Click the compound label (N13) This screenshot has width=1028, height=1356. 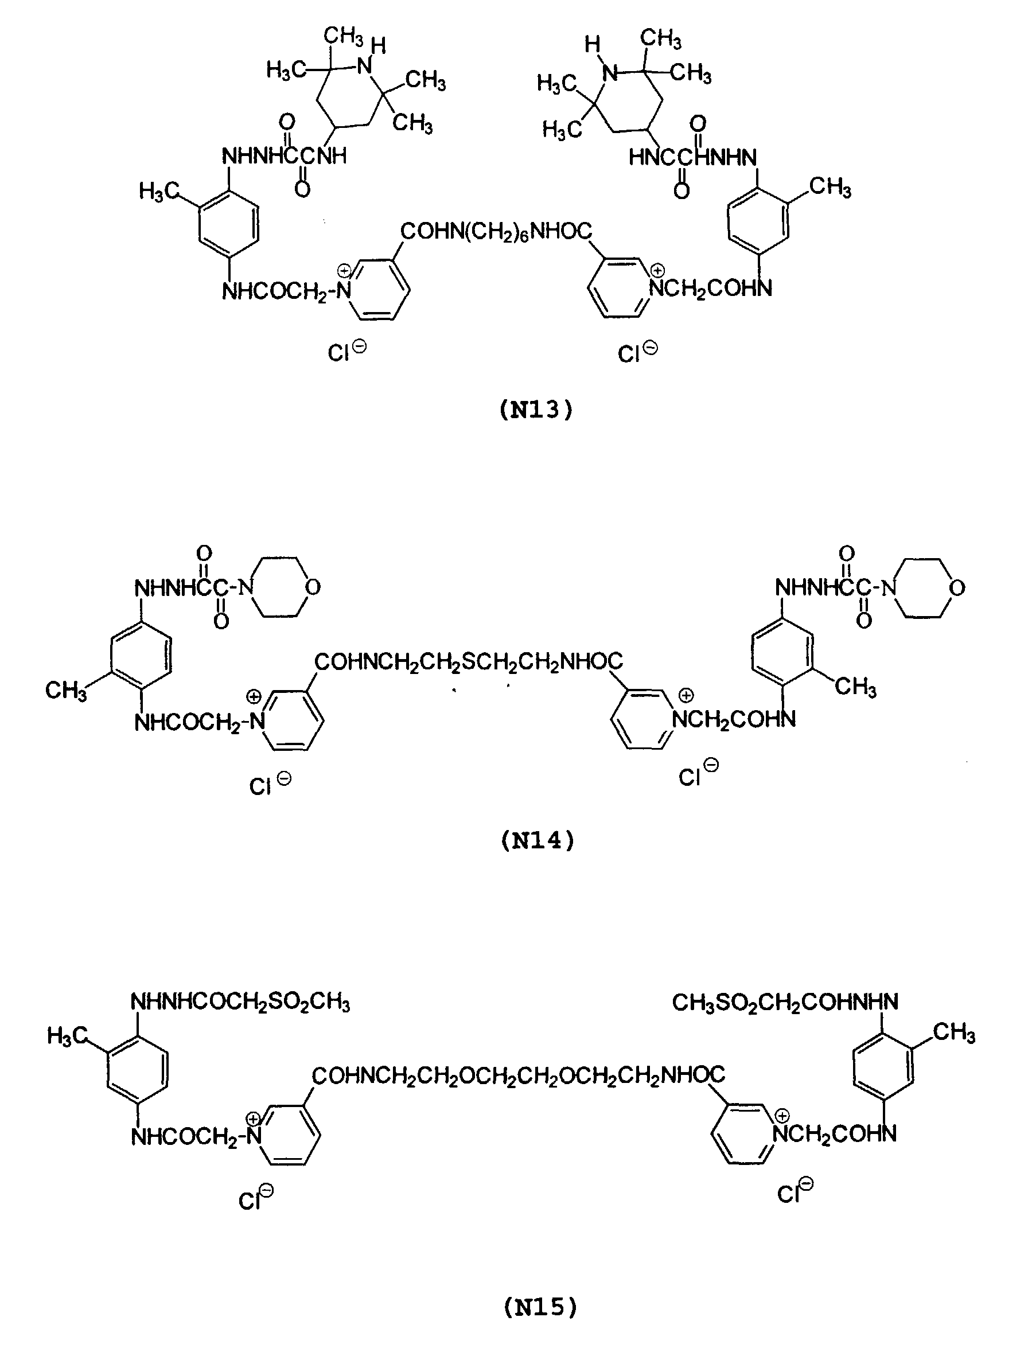pos(536,410)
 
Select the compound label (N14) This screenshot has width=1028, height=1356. pos(538,840)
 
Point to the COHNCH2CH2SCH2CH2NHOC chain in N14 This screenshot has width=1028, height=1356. pos(468,661)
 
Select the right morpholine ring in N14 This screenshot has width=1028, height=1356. pos(924,587)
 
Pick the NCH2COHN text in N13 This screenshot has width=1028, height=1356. pos(710,288)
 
